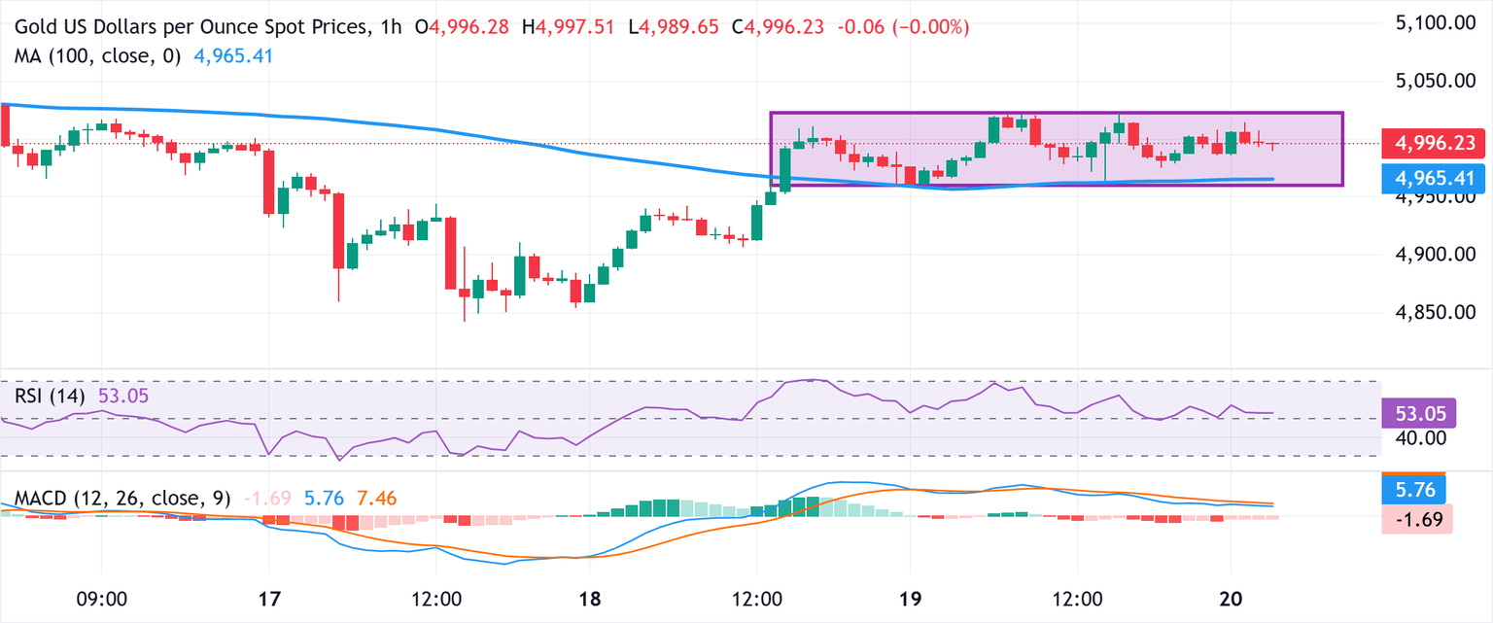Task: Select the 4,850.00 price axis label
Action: (1432, 313)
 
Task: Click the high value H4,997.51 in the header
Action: (574, 27)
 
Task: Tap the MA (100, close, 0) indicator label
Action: (98, 56)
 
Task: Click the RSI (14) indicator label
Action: (50, 397)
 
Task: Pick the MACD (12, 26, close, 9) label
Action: (122, 499)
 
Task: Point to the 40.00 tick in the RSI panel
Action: (1418, 438)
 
